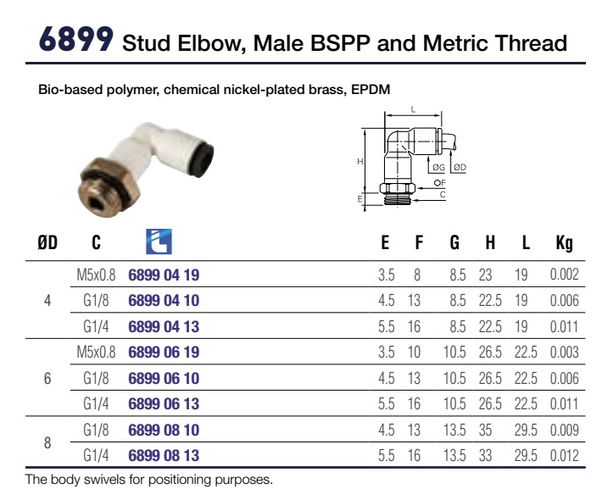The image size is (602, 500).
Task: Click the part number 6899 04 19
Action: click(x=164, y=275)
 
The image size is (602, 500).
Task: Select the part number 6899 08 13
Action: click(x=164, y=455)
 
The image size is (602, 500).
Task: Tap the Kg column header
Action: click(x=564, y=243)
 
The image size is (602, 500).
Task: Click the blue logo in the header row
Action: click(x=159, y=242)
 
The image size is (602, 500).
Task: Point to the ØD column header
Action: click(x=47, y=243)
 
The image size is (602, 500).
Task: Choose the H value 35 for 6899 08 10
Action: click(x=485, y=431)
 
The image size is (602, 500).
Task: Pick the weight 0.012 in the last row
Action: click(x=564, y=455)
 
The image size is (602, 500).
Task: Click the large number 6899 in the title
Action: click(x=76, y=39)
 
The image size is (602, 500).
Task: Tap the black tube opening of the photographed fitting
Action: click(x=204, y=154)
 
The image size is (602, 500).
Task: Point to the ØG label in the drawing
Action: click(x=438, y=167)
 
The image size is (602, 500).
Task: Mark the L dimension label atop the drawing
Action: click(x=413, y=109)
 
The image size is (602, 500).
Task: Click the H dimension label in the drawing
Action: click(x=360, y=162)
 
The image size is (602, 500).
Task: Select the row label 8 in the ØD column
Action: click(x=47, y=443)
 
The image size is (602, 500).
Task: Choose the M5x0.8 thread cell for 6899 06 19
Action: click(x=96, y=353)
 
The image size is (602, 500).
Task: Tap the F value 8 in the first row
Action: click(x=417, y=275)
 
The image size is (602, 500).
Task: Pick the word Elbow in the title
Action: click(x=211, y=43)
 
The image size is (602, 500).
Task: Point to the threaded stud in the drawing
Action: click(x=398, y=199)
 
